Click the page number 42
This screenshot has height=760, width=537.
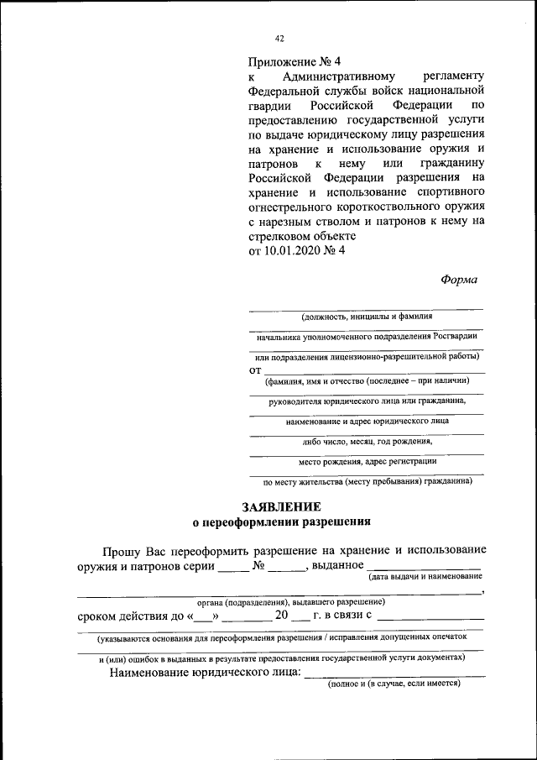coord(280,39)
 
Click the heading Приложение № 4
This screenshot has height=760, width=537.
coord(296,62)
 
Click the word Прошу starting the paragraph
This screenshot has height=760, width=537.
coord(123,551)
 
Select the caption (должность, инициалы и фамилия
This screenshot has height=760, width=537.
coord(367,317)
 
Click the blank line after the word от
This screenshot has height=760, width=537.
coord(373,370)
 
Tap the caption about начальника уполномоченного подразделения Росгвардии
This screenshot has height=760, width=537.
coord(367,336)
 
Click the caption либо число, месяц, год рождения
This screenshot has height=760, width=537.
coord(367,441)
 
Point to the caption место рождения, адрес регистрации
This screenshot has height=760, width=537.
coord(367,461)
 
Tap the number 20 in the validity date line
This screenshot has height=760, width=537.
coord(282,616)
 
